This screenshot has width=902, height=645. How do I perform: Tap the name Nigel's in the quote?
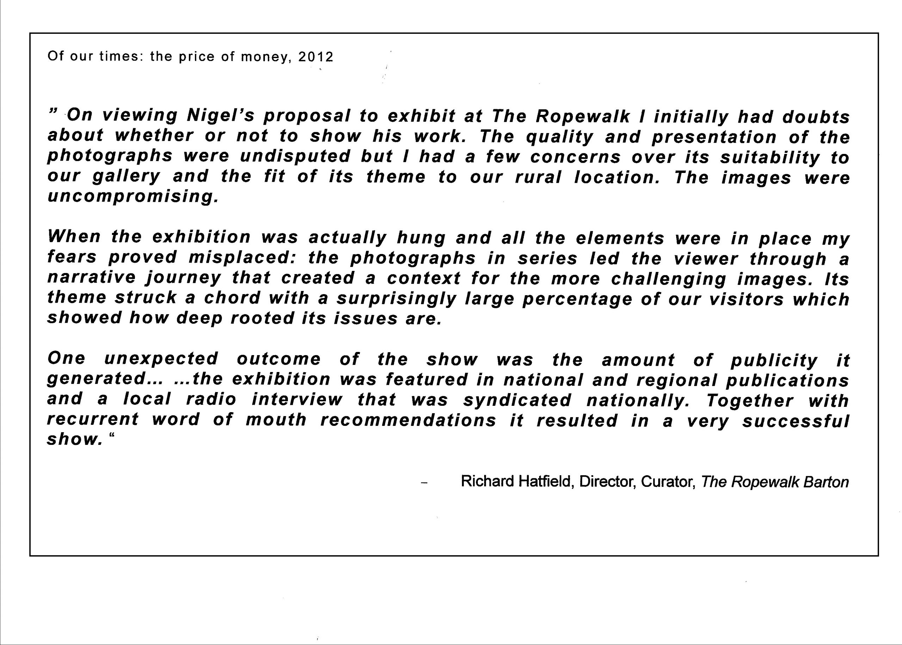click(221, 116)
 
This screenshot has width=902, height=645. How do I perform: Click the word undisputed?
click(295, 156)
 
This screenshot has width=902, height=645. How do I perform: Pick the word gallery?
click(126, 176)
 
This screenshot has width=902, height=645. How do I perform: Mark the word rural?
click(538, 177)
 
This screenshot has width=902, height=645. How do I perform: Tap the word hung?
click(421, 237)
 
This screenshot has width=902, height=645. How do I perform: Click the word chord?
click(232, 298)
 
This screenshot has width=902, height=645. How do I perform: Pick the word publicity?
click(774, 360)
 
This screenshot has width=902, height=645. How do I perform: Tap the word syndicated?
click(518, 400)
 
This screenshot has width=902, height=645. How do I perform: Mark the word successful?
click(796, 421)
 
